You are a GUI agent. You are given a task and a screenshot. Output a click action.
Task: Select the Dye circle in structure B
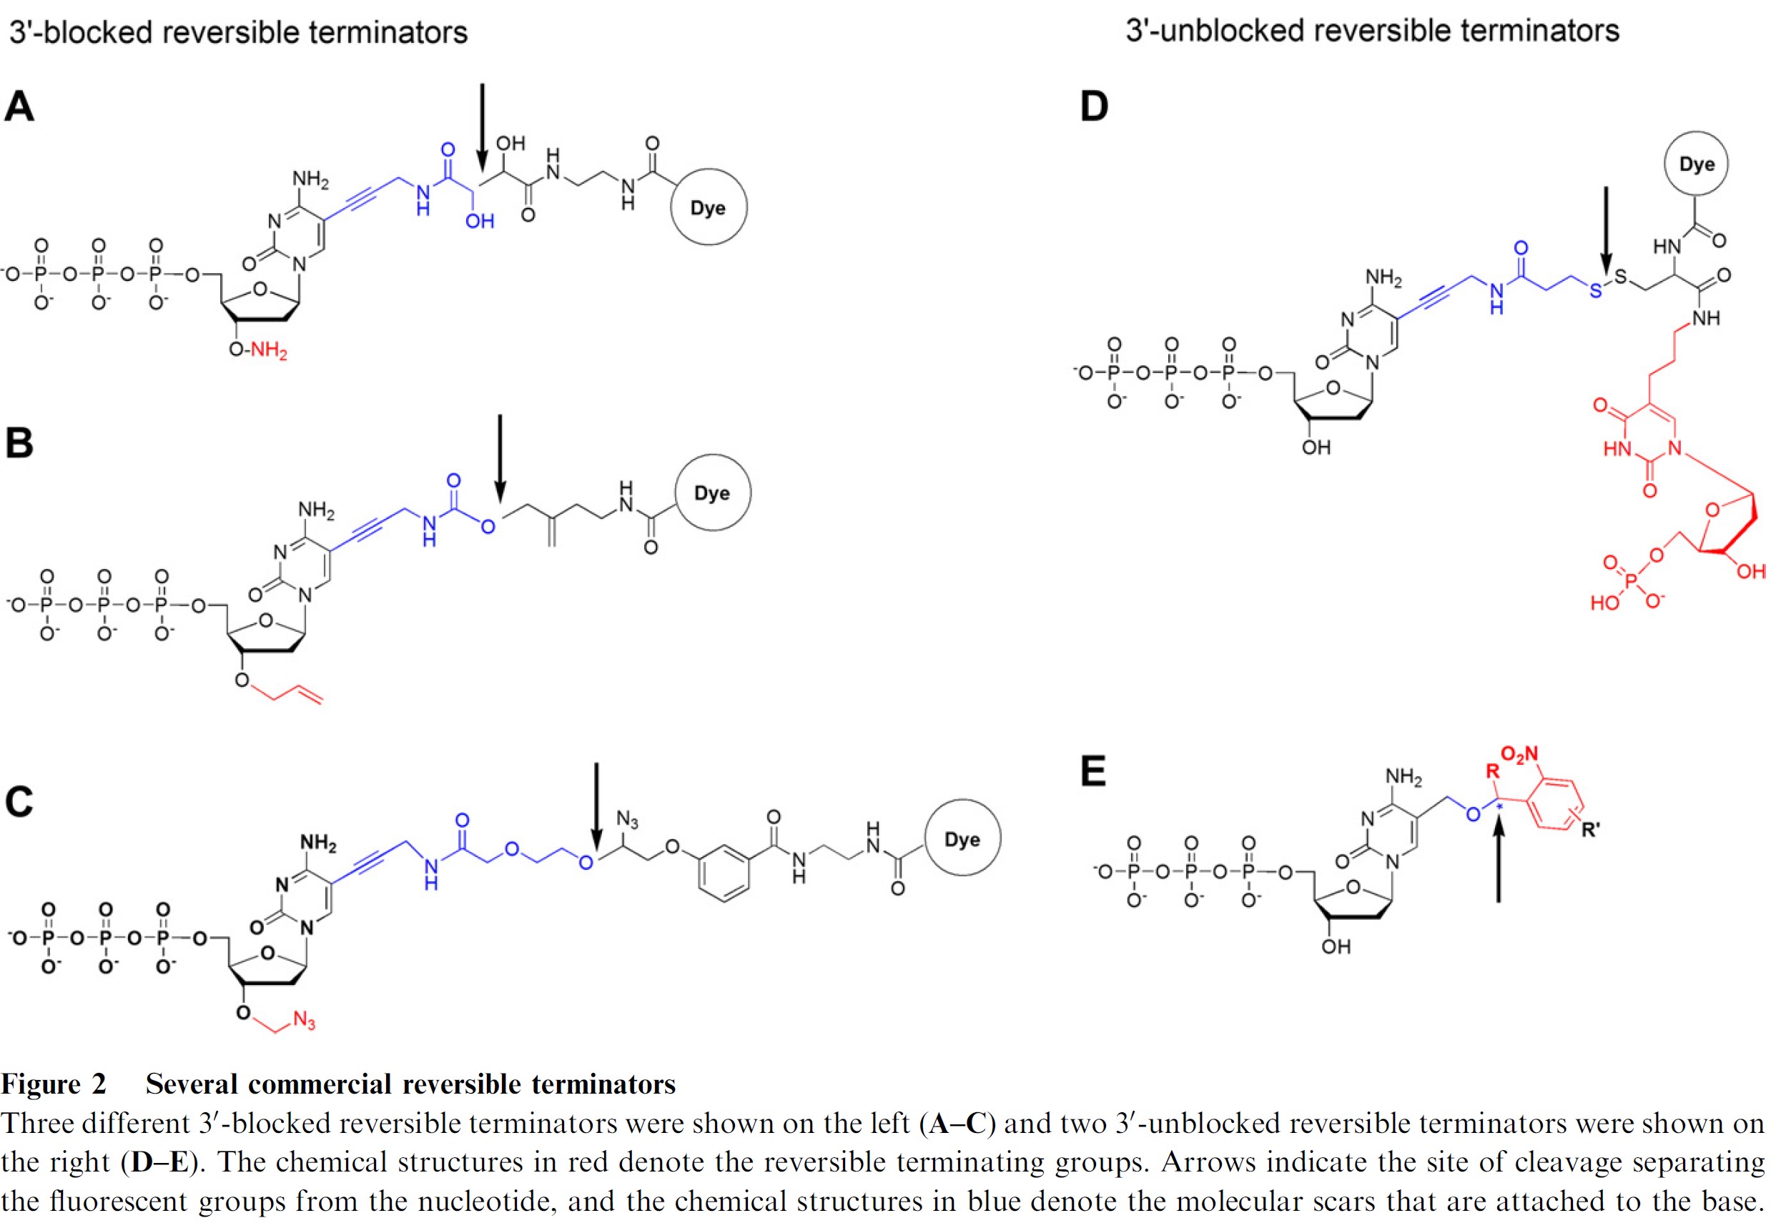712,492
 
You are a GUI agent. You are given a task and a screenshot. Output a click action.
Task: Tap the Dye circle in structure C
962,838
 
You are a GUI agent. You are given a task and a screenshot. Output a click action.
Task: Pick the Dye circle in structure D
1696,164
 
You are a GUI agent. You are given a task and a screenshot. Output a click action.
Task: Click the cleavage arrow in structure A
482,127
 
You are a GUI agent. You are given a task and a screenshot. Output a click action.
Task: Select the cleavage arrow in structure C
596,806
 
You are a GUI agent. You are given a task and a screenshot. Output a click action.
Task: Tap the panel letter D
1094,106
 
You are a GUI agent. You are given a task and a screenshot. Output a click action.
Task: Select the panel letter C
19,802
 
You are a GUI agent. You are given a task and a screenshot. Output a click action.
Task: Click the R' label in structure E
1591,829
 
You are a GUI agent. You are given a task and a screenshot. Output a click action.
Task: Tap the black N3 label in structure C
627,821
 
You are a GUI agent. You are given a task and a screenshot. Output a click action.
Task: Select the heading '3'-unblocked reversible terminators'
1372,31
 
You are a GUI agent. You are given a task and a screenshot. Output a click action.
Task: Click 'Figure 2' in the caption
54,1084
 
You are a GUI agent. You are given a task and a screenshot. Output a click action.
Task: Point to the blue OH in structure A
480,222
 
